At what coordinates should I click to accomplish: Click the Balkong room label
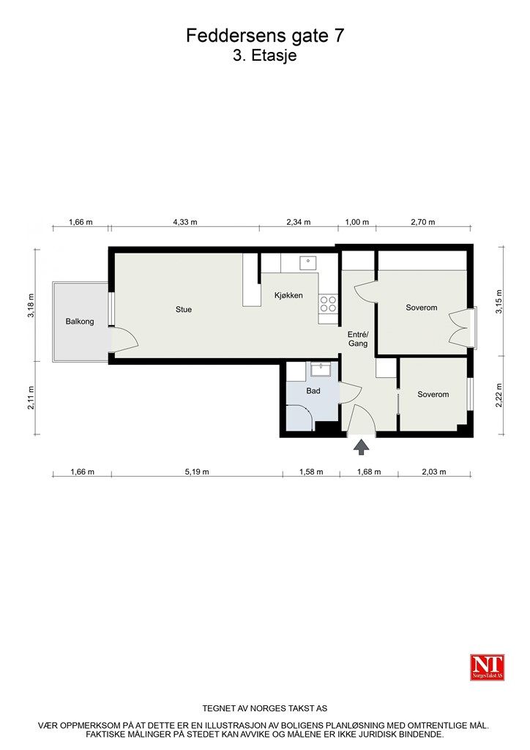(80, 322)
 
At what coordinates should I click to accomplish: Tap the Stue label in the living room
(184, 310)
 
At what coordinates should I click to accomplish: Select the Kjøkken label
(288, 295)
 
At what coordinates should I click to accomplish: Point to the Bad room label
(313, 391)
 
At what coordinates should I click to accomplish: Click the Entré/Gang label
(358, 339)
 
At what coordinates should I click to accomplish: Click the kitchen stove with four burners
(329, 304)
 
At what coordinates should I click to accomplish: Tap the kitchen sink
(308, 262)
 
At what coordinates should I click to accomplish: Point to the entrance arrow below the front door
(362, 447)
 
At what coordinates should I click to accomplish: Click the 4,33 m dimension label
(185, 222)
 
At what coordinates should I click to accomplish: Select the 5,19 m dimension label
(197, 472)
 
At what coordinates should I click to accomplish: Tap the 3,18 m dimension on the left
(31, 305)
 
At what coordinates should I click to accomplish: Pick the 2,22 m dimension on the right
(499, 395)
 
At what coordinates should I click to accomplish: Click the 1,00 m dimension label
(357, 222)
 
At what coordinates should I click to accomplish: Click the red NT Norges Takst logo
(487, 667)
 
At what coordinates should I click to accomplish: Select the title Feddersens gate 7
(265, 36)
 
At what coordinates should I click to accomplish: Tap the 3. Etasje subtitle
(265, 55)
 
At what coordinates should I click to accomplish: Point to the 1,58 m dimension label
(311, 472)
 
